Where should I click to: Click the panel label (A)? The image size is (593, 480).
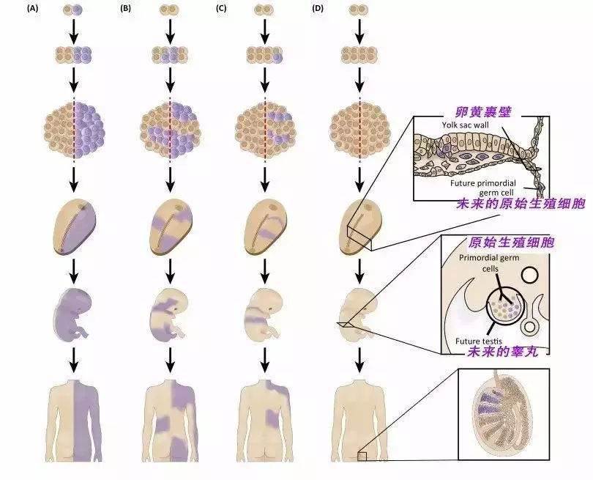click(32, 8)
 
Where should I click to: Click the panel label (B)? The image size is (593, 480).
click(125, 8)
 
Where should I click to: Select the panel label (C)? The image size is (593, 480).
click(221, 8)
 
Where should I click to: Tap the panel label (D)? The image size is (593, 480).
click(317, 8)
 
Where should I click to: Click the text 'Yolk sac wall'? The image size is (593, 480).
click(465, 124)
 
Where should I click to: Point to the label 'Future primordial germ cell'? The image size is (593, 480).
click(482, 188)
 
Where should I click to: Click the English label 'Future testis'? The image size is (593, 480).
click(478, 341)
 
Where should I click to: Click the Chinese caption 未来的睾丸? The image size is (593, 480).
click(503, 352)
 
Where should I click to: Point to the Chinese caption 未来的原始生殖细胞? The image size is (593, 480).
click(521, 204)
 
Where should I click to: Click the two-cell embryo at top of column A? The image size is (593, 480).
click(72, 10)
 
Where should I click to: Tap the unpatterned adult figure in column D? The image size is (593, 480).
click(359, 420)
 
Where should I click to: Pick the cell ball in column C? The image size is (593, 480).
click(265, 130)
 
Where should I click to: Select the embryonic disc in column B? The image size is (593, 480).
click(170, 226)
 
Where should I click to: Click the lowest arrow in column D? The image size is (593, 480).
click(359, 360)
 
